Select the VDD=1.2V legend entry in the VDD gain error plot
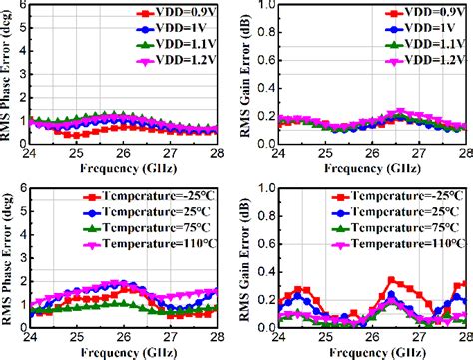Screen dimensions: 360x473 click(413, 61)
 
